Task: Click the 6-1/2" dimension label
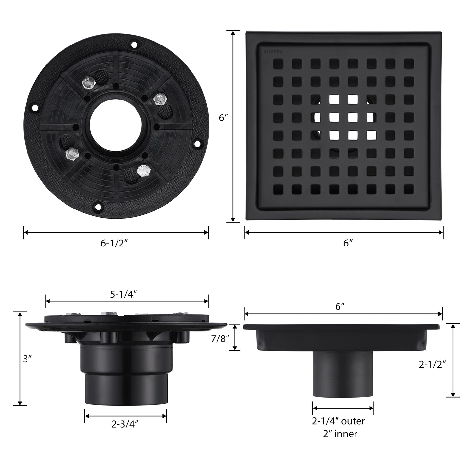114,243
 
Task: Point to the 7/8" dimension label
220,339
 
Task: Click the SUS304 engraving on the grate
273,52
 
